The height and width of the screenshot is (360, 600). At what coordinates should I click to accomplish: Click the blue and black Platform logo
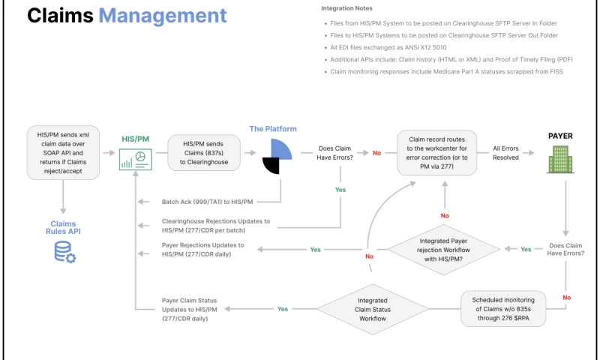point(273,155)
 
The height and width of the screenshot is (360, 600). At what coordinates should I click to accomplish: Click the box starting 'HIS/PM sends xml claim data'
point(64,152)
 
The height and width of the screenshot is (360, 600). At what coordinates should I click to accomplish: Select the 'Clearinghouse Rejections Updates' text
point(215,226)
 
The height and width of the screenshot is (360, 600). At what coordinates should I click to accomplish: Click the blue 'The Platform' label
point(273,128)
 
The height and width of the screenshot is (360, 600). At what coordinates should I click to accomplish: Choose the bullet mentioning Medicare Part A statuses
point(446,71)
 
